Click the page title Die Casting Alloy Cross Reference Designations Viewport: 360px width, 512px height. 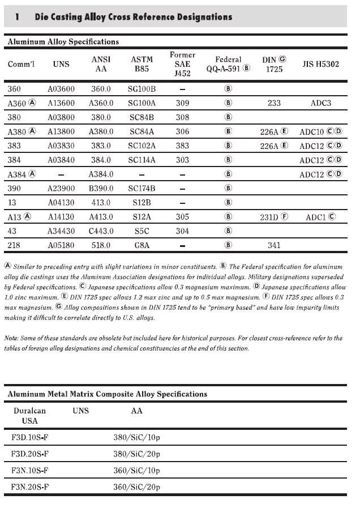[x=134, y=17]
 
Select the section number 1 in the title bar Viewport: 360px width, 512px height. [x=18, y=17]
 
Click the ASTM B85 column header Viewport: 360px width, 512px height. [x=142, y=64]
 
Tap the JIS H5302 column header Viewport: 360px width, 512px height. [x=320, y=64]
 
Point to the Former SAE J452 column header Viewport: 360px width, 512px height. [x=182, y=63]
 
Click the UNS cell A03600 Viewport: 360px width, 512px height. [x=61, y=89]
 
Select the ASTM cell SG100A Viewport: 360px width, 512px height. [x=142, y=103]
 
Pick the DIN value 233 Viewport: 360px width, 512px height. [x=274, y=103]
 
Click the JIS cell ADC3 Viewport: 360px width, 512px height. [x=320, y=103]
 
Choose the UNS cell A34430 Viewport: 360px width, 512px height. [x=61, y=231]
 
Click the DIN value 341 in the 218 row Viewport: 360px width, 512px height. [x=274, y=245]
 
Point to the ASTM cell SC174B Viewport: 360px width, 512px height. [x=142, y=188]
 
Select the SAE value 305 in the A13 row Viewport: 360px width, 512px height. [x=182, y=216]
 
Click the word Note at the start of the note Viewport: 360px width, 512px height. [x=12, y=338]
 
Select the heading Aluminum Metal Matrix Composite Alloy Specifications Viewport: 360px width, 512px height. [x=107, y=394]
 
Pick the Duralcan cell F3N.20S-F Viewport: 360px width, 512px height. [x=29, y=487]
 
